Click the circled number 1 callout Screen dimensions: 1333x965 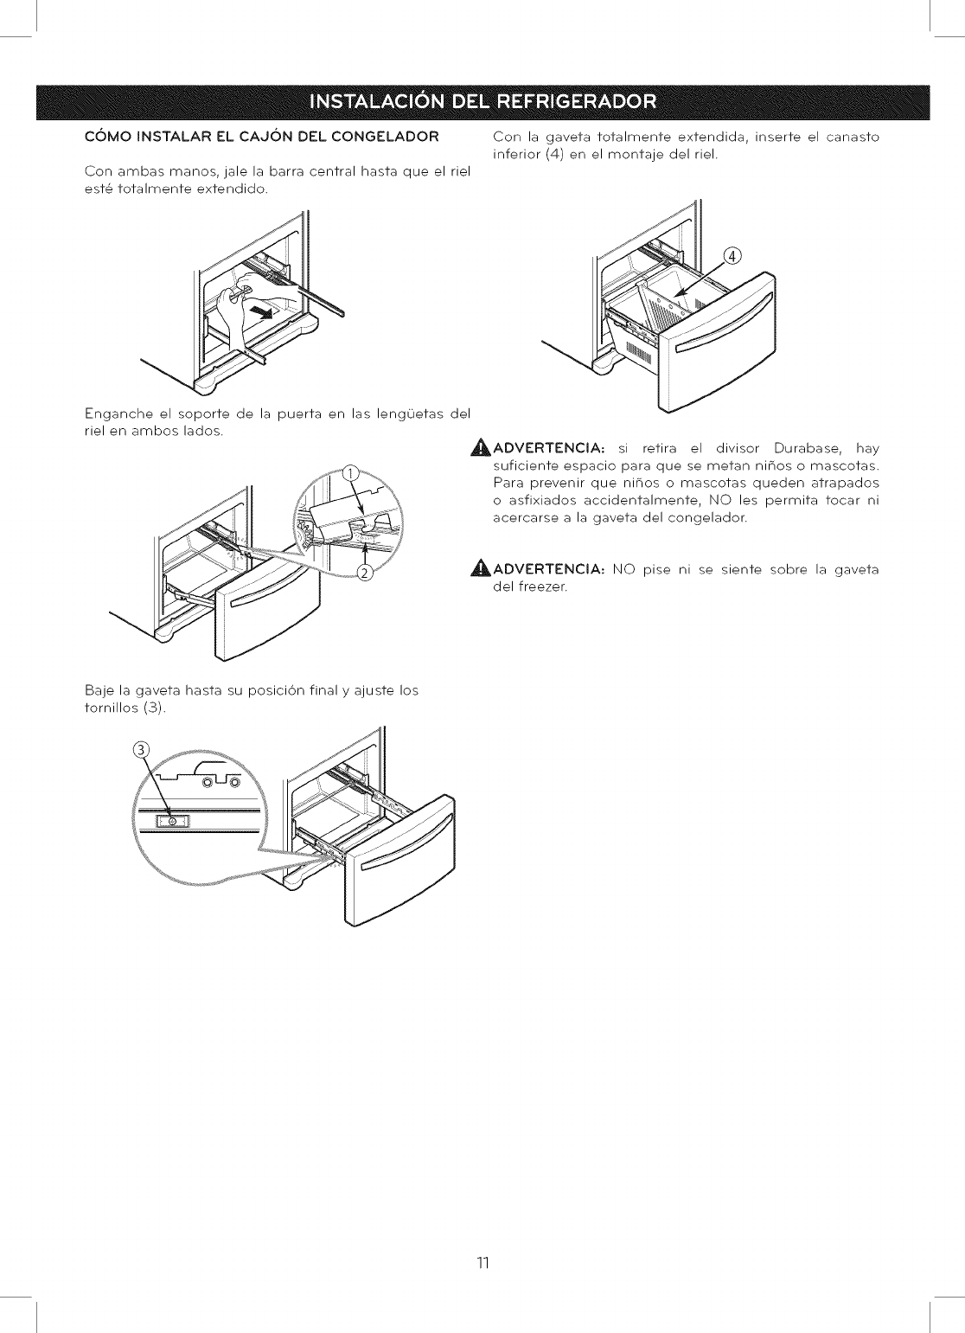point(350,472)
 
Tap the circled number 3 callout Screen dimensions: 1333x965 point(143,749)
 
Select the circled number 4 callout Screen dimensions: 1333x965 point(732,256)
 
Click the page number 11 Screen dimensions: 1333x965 point(482,1263)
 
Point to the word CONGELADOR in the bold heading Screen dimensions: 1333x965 point(386,136)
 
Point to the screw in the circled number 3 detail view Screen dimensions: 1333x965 point(171,820)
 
